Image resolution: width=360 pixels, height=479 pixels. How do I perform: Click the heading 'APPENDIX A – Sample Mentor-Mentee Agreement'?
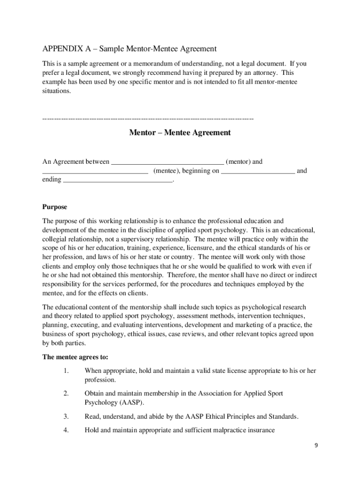(130, 49)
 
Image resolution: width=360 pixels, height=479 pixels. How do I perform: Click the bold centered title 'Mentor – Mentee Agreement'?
(180, 133)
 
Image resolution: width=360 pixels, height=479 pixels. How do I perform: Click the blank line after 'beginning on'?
(258, 172)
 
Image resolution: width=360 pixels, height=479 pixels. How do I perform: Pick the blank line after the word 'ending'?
(117, 181)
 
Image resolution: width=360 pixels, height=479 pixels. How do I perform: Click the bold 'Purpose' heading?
(55, 207)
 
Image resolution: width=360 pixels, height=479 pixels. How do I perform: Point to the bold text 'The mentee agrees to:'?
(75, 357)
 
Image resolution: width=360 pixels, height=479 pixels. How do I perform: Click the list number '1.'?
(66, 371)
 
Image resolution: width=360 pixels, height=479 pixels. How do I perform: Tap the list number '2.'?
(66, 394)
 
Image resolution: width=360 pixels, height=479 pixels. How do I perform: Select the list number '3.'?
(66, 416)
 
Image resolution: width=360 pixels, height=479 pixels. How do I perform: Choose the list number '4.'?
(66, 430)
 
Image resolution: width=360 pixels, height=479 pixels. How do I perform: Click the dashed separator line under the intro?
(148, 119)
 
